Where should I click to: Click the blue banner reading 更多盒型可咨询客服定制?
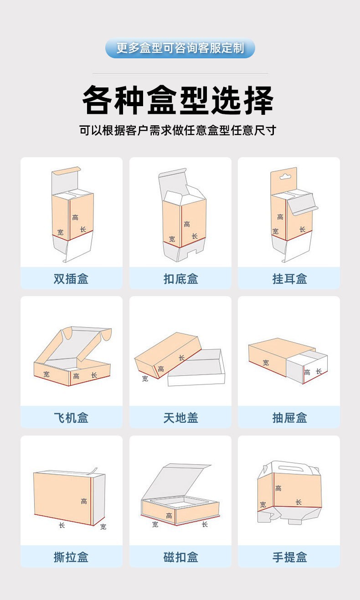pos(180,48)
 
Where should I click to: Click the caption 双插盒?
pos(71,278)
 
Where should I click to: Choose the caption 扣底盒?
pos(180,278)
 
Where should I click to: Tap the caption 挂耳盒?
pos(289,278)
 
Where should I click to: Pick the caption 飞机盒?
pos(71,417)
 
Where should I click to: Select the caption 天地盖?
pos(180,417)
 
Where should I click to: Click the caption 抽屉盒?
pos(289,417)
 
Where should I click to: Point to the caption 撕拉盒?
pos(71,557)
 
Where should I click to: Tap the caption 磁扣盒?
pos(180,557)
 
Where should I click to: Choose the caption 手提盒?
pos(289,557)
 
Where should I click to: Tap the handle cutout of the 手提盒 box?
pos(292,467)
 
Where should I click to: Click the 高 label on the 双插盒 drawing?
pos(75,218)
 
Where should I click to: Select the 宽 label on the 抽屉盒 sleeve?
pos(266,363)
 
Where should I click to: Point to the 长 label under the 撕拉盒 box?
pos(62,525)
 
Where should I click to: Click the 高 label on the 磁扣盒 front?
pos(169,516)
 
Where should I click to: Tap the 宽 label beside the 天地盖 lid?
pos(145,379)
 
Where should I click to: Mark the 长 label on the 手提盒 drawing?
pos(298,502)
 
